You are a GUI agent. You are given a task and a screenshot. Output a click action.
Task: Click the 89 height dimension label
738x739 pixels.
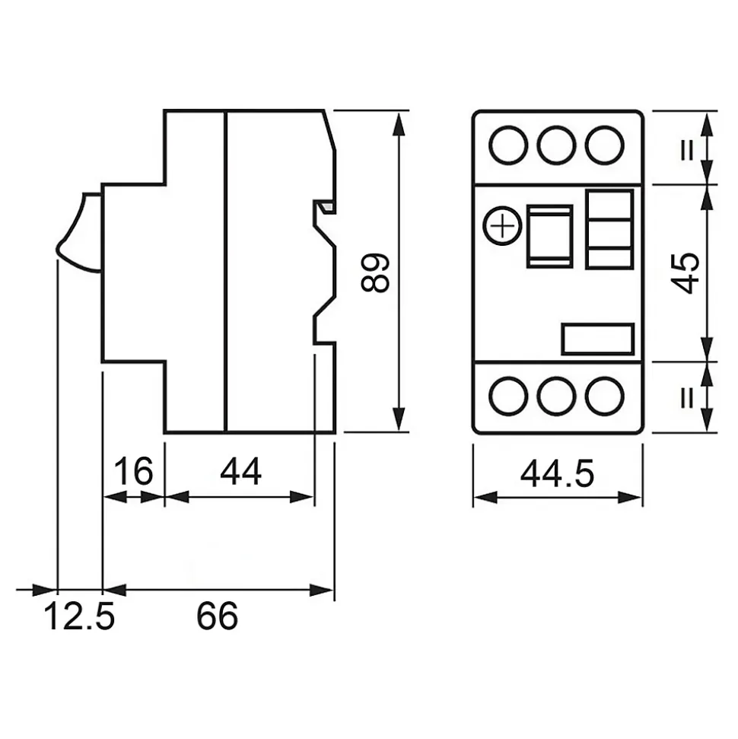[x=375, y=273]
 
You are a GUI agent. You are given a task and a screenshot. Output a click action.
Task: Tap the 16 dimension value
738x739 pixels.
[x=134, y=471]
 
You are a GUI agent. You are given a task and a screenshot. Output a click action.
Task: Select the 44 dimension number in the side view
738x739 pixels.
[x=240, y=471]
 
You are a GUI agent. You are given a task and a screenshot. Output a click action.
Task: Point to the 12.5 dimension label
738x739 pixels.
[x=79, y=616]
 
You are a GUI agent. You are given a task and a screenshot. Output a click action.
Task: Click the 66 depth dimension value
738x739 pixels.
[x=218, y=616]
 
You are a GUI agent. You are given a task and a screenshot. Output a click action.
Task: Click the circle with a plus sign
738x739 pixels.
[x=503, y=226]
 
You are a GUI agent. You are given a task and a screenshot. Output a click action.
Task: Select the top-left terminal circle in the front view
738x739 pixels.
[x=508, y=145]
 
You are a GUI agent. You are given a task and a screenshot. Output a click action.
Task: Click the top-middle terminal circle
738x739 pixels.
[x=557, y=145]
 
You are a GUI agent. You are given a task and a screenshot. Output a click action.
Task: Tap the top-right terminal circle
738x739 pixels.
[x=605, y=145]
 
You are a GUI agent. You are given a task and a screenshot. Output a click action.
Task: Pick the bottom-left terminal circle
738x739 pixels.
[x=508, y=397]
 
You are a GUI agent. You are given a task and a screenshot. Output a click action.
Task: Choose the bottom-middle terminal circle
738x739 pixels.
[x=557, y=397]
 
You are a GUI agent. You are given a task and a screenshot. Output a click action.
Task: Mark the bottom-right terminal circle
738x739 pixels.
[x=605, y=397]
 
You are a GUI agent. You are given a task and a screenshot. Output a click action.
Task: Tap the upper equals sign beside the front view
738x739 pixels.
[x=688, y=151]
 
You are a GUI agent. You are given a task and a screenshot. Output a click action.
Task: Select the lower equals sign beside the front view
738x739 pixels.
[x=688, y=398]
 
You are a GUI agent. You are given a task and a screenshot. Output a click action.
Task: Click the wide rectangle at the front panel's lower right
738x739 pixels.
[x=597, y=339]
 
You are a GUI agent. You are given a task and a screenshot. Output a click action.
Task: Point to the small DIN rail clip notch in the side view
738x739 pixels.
[x=325, y=206]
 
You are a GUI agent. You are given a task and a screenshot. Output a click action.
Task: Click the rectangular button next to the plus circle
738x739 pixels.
[x=549, y=236]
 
